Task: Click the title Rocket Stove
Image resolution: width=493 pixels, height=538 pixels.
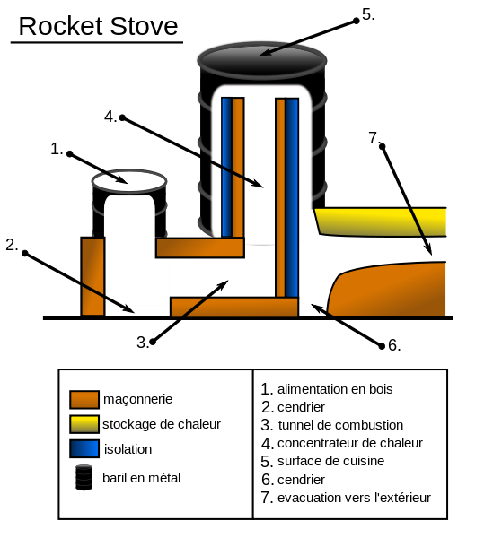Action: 98,26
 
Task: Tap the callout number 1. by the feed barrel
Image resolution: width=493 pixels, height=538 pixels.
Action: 57,149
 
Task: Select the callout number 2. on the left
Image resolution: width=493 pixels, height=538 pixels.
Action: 12,245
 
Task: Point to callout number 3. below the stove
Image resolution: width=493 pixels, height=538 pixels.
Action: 143,342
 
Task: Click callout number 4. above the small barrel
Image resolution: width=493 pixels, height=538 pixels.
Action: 110,116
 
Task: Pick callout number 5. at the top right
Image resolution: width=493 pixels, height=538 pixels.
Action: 367,14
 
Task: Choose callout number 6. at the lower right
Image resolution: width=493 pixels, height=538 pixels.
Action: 393,345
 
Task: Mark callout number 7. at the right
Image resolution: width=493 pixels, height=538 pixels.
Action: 374,137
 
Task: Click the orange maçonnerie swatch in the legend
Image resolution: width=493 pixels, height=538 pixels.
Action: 84,399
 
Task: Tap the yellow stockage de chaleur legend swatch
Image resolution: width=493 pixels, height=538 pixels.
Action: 84,424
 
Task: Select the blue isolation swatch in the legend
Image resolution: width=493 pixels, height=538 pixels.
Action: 84,448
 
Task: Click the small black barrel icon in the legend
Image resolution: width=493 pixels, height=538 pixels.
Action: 84,477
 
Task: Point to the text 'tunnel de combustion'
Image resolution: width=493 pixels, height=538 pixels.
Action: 340,425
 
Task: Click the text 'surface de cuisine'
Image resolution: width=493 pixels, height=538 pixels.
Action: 330,461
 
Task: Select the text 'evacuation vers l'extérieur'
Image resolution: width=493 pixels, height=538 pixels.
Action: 354,498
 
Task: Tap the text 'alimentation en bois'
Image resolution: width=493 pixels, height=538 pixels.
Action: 335,389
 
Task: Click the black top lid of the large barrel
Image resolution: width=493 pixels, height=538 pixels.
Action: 262,56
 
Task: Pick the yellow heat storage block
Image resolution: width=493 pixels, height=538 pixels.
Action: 382,221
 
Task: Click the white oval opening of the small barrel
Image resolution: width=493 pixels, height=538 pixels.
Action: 129,179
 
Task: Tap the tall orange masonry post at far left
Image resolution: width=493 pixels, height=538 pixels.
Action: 92,276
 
